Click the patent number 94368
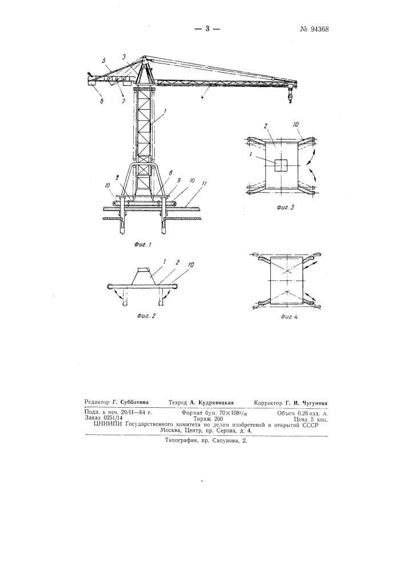[x=314, y=30]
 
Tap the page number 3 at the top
[x=207, y=29]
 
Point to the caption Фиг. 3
[x=285, y=208]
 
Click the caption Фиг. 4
[x=290, y=317]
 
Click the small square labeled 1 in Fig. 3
[x=281, y=166]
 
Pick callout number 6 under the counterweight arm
[x=102, y=101]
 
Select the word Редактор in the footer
[x=97, y=403]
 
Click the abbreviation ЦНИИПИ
[x=108, y=424]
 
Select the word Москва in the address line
[x=171, y=431]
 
